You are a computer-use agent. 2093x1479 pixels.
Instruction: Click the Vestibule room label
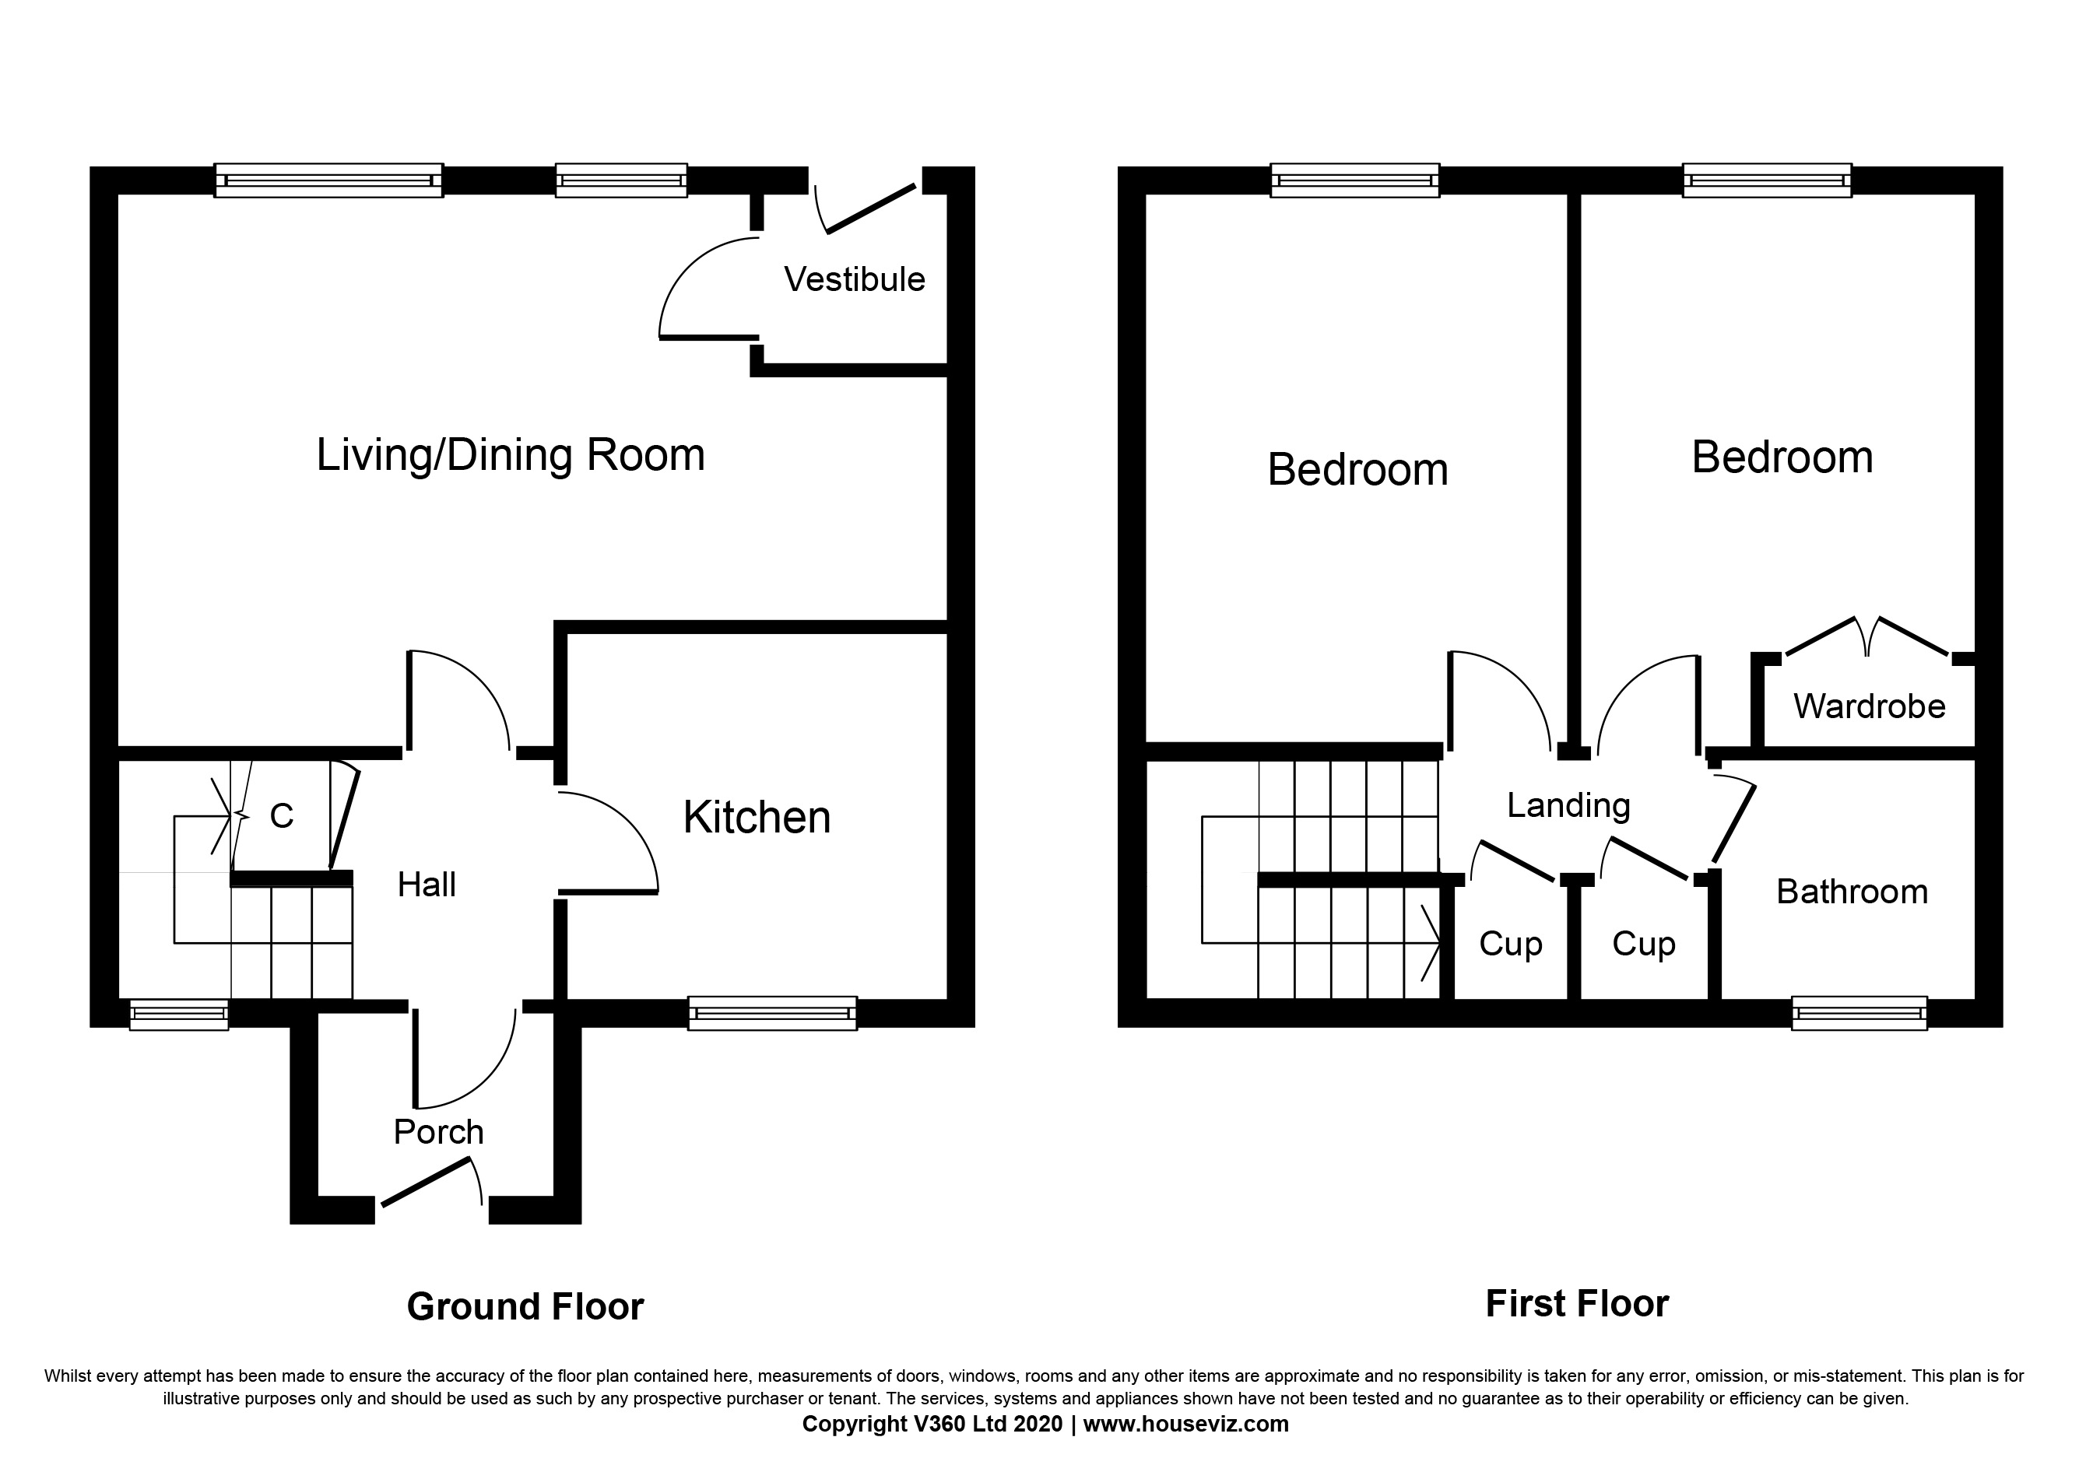coord(854,280)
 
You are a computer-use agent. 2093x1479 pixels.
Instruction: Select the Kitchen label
coord(757,818)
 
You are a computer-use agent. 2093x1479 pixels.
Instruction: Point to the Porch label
coord(438,1132)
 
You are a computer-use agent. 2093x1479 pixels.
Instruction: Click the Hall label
coord(427,885)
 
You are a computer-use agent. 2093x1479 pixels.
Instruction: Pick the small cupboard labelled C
coord(282,816)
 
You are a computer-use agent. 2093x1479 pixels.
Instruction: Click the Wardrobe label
coord(1869,706)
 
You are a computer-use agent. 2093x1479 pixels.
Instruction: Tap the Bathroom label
coord(1852,892)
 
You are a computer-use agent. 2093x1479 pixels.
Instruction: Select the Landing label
coord(1568,805)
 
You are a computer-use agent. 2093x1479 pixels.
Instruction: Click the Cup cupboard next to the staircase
coord(1511,944)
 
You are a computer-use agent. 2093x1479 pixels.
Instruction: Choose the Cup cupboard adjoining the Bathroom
coord(1644,944)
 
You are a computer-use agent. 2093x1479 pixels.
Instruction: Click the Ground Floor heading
coord(525,1307)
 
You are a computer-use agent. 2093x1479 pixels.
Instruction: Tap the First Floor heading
coord(1577,1304)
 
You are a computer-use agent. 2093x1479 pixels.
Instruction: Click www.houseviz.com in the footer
coord(1185,1425)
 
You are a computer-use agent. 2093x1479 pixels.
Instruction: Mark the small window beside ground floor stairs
coord(179,1015)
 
